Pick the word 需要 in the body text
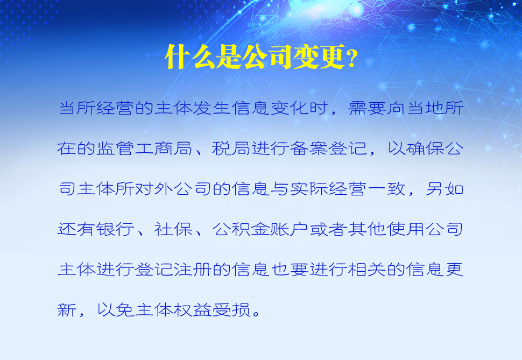coord(367,108)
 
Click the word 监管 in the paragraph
coord(115,149)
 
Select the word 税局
coord(231,149)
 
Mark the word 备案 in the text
coord(308,149)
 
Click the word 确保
coord(425,149)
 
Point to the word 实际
coord(308,189)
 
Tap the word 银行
coord(115,229)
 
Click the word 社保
coord(173,229)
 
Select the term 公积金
coord(241,229)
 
